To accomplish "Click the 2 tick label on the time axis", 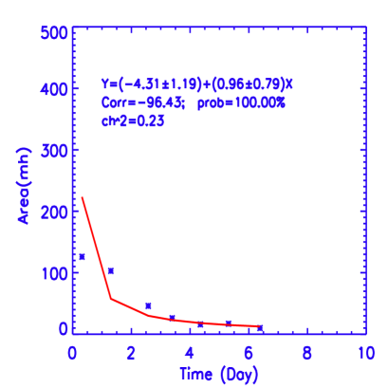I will pos(131,352).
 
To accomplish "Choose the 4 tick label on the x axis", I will pos(190,352).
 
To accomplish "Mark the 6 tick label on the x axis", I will pos(249,352).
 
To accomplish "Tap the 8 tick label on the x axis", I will pos(307,352).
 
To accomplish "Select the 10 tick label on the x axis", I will pos(363,352).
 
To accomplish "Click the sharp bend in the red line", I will pos(111,299).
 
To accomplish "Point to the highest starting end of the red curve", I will pos(83,197).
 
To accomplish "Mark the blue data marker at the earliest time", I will pos(83,256).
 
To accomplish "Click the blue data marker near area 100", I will pos(111,271).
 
